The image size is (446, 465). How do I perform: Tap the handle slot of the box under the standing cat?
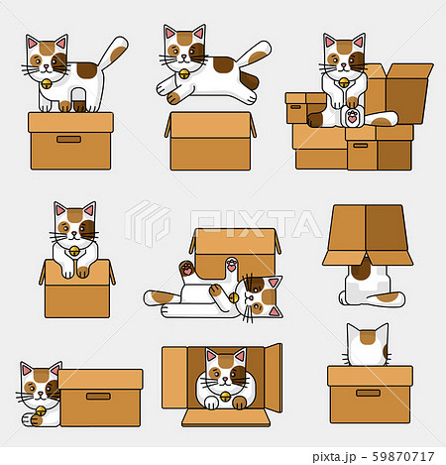(x=69, y=139)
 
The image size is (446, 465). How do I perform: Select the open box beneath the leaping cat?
(x=210, y=145)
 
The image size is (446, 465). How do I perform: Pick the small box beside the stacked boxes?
(x=304, y=106)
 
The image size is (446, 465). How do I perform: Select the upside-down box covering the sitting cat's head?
(x=367, y=236)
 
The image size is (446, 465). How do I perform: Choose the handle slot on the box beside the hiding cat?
(x=98, y=395)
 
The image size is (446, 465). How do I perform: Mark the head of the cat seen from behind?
(x=367, y=347)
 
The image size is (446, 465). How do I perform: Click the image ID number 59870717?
(x=392, y=457)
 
